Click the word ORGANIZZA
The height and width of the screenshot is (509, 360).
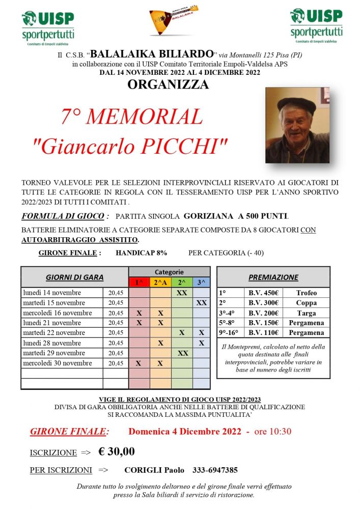(x=168, y=84)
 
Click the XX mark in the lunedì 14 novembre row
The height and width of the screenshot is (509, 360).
(x=182, y=293)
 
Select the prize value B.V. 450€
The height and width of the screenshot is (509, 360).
(x=263, y=293)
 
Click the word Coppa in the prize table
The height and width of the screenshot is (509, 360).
(x=306, y=303)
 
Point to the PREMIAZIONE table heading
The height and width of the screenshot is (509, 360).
(x=273, y=277)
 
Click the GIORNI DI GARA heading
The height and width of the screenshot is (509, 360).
(x=74, y=277)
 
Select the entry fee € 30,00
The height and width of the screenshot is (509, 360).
(x=116, y=451)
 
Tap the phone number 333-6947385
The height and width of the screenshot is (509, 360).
(x=215, y=470)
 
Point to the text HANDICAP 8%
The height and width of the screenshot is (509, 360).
(x=141, y=252)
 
